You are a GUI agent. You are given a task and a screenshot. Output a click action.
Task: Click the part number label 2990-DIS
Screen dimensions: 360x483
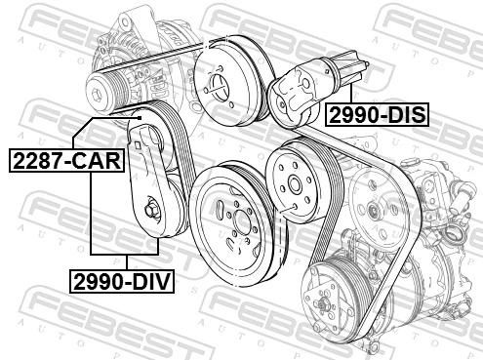click(x=377, y=115)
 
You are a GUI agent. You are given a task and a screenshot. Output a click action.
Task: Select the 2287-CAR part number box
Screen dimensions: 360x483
click(x=66, y=158)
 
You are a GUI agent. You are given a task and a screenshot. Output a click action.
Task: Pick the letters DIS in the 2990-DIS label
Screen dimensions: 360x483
click(x=404, y=115)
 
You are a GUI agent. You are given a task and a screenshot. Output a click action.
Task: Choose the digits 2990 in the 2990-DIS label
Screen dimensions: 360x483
click(x=351, y=115)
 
